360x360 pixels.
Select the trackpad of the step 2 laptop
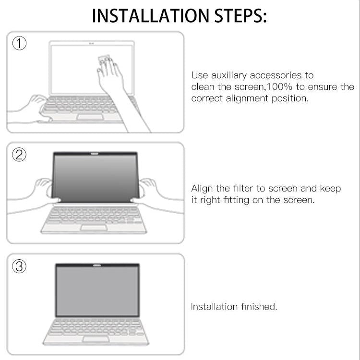click(94, 227)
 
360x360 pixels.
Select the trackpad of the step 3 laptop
click(96, 339)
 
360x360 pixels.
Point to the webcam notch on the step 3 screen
click(97, 265)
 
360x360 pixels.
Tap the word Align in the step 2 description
click(202, 188)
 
